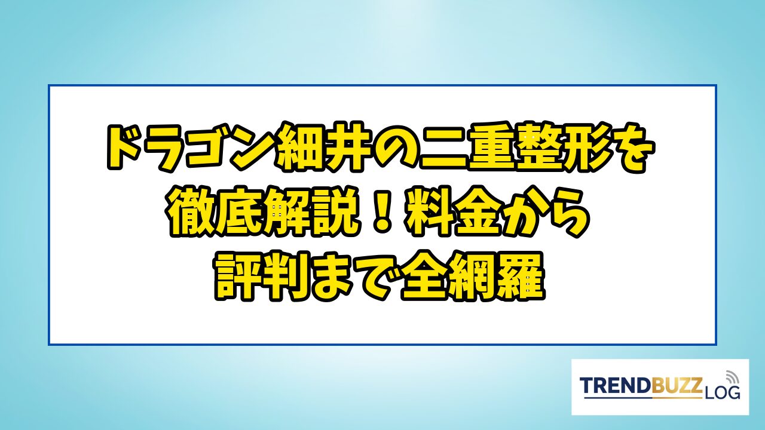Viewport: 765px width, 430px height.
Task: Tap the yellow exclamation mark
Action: pos(382,212)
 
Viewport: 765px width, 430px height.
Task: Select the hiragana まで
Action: pos(355,277)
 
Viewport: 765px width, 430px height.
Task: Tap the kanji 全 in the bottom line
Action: pos(423,277)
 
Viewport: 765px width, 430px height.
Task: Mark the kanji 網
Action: pos(472,277)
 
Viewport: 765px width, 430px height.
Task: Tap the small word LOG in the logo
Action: pos(722,392)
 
